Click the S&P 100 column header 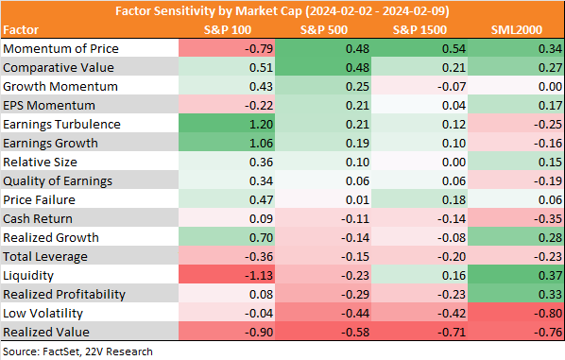coord(228,30)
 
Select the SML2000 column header coord(517,30)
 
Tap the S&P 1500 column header coord(419,30)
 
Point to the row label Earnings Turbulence coord(61,125)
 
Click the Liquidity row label coord(28,276)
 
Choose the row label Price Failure coord(39,200)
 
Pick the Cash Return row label coord(38,218)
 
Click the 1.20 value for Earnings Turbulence coord(261,125)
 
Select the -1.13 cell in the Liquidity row coord(259,276)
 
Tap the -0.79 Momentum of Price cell coord(259,48)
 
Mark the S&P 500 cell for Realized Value coord(355,333)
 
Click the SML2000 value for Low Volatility coord(548,314)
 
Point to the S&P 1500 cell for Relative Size coord(454,163)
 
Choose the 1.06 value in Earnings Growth coord(261,144)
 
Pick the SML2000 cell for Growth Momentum coord(550,87)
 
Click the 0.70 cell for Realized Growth coord(261,238)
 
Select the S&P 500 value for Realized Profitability coord(355,295)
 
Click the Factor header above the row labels coord(21,30)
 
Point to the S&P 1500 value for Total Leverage coord(452,257)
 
